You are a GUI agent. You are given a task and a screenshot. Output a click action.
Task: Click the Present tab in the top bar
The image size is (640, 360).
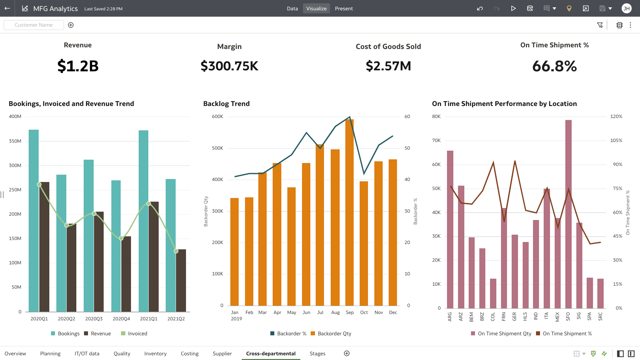[344, 9]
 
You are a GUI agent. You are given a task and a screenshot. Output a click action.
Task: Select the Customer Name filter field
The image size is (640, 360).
[34, 25]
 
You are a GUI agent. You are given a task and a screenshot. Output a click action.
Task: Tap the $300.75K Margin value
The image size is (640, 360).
[229, 66]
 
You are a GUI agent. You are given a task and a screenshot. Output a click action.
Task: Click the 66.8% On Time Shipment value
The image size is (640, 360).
[554, 66]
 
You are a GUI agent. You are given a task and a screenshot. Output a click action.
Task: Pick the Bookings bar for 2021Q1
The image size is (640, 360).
[143, 220]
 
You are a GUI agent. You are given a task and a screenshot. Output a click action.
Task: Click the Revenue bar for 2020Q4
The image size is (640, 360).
[126, 273]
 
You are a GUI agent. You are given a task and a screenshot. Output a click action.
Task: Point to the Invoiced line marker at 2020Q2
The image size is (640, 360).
[67, 225]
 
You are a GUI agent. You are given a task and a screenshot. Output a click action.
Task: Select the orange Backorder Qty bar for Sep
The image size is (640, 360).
[349, 213]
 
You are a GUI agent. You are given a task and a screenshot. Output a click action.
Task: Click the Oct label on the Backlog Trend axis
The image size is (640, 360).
[364, 312]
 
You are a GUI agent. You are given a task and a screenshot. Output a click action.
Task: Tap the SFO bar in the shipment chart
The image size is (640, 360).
[568, 213]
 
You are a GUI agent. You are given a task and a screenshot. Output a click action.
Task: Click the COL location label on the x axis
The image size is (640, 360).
[493, 317]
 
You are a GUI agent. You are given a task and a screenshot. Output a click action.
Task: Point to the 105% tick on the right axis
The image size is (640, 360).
[616, 140]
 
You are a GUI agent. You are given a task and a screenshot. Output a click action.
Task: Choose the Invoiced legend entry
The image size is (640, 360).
[134, 334]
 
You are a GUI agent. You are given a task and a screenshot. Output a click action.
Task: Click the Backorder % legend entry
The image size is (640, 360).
[288, 334]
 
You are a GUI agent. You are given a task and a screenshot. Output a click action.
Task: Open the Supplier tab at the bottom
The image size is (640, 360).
[222, 354]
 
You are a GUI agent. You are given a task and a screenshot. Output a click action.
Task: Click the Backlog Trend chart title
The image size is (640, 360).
[226, 104]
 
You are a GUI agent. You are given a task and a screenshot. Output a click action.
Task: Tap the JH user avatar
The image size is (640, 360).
[626, 9]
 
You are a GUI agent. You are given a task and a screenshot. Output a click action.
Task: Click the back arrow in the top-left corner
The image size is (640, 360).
[7, 9]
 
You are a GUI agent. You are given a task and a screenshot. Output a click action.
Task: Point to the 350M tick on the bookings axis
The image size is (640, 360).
[15, 141]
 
